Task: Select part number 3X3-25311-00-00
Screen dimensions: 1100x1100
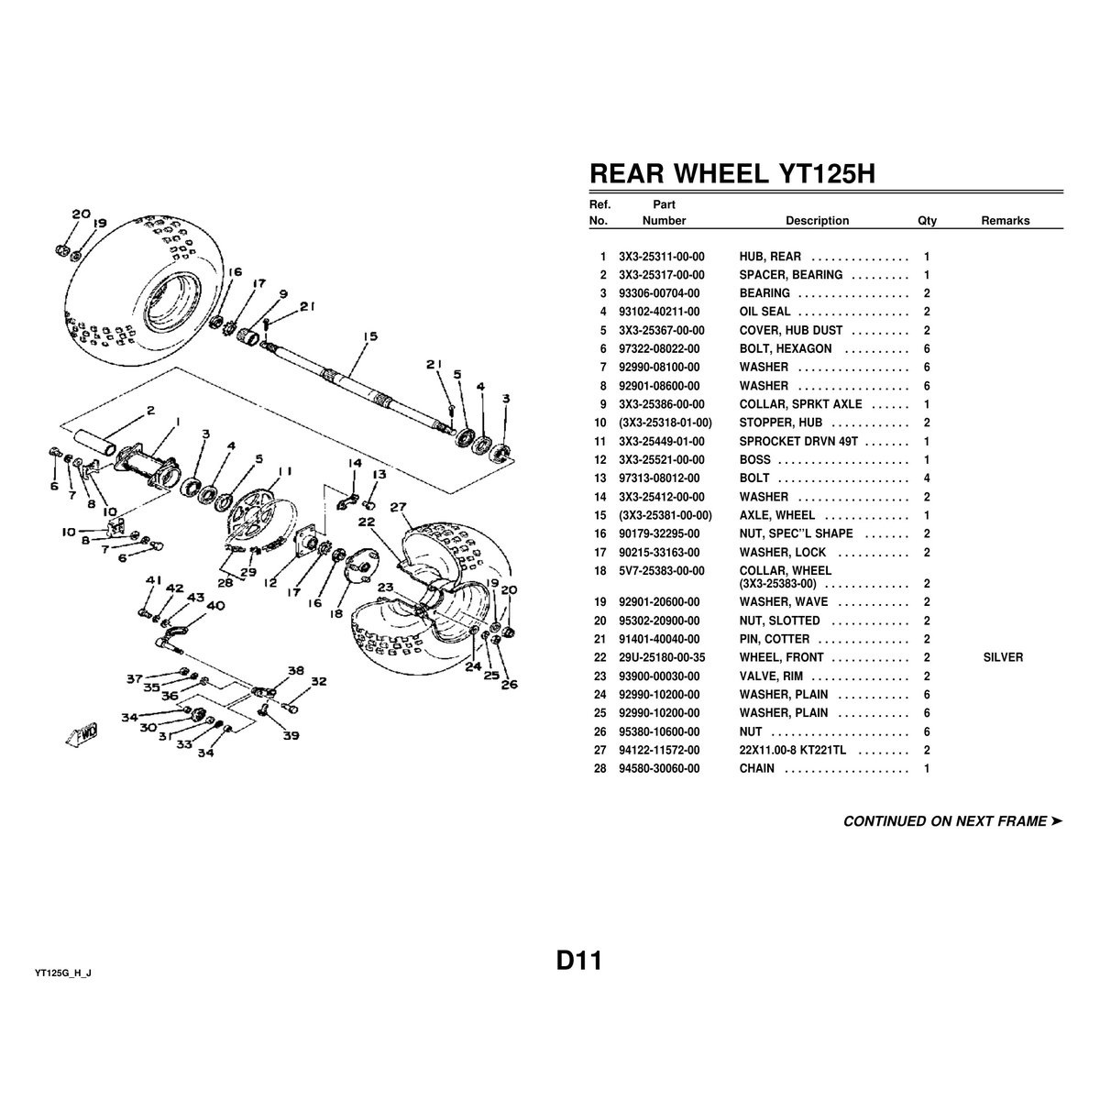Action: pyautogui.click(x=662, y=257)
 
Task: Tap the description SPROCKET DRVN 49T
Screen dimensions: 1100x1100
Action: pyautogui.click(x=798, y=441)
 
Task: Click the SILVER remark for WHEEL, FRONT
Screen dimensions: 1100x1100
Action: pyautogui.click(x=1003, y=657)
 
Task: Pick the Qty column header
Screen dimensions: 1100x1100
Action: pyautogui.click(x=927, y=220)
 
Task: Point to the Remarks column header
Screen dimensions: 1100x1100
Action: pyautogui.click(x=1006, y=220)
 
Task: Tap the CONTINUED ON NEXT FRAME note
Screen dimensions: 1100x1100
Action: pyautogui.click(x=952, y=820)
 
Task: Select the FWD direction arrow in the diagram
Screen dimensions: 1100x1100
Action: pyautogui.click(x=82, y=734)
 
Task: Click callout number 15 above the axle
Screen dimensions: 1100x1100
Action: pyautogui.click(x=370, y=336)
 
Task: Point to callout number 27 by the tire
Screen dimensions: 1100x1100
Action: pyautogui.click(x=398, y=507)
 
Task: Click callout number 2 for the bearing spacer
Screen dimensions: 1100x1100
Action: pyautogui.click(x=150, y=410)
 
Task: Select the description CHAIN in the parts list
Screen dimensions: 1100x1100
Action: pyautogui.click(x=757, y=768)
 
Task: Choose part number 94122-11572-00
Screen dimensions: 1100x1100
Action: pyautogui.click(x=659, y=750)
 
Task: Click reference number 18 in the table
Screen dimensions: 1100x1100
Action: pyautogui.click(x=599, y=571)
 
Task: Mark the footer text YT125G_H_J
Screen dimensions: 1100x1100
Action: pyautogui.click(x=63, y=973)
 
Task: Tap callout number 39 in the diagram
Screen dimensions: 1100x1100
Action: pyautogui.click(x=291, y=735)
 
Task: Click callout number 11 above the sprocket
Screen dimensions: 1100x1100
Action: pyautogui.click(x=285, y=471)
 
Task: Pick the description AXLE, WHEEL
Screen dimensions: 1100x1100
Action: pyautogui.click(x=777, y=515)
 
